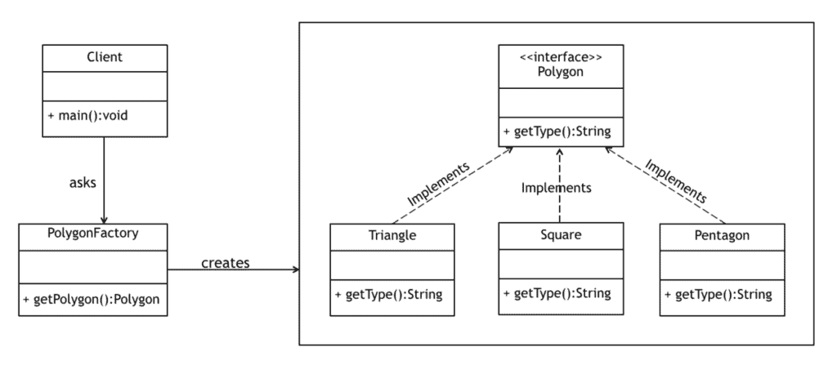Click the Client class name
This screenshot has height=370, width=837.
click(104, 57)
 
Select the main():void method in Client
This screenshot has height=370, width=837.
click(88, 115)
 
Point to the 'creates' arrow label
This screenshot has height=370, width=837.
click(225, 262)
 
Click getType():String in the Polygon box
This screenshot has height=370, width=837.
click(559, 131)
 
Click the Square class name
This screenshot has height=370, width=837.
click(560, 235)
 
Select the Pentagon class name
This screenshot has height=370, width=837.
click(722, 236)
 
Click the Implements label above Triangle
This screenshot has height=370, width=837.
click(438, 183)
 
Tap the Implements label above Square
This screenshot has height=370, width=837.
click(556, 188)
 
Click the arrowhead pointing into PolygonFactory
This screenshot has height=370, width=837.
click(104, 219)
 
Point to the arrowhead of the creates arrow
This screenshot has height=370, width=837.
click(294, 270)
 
